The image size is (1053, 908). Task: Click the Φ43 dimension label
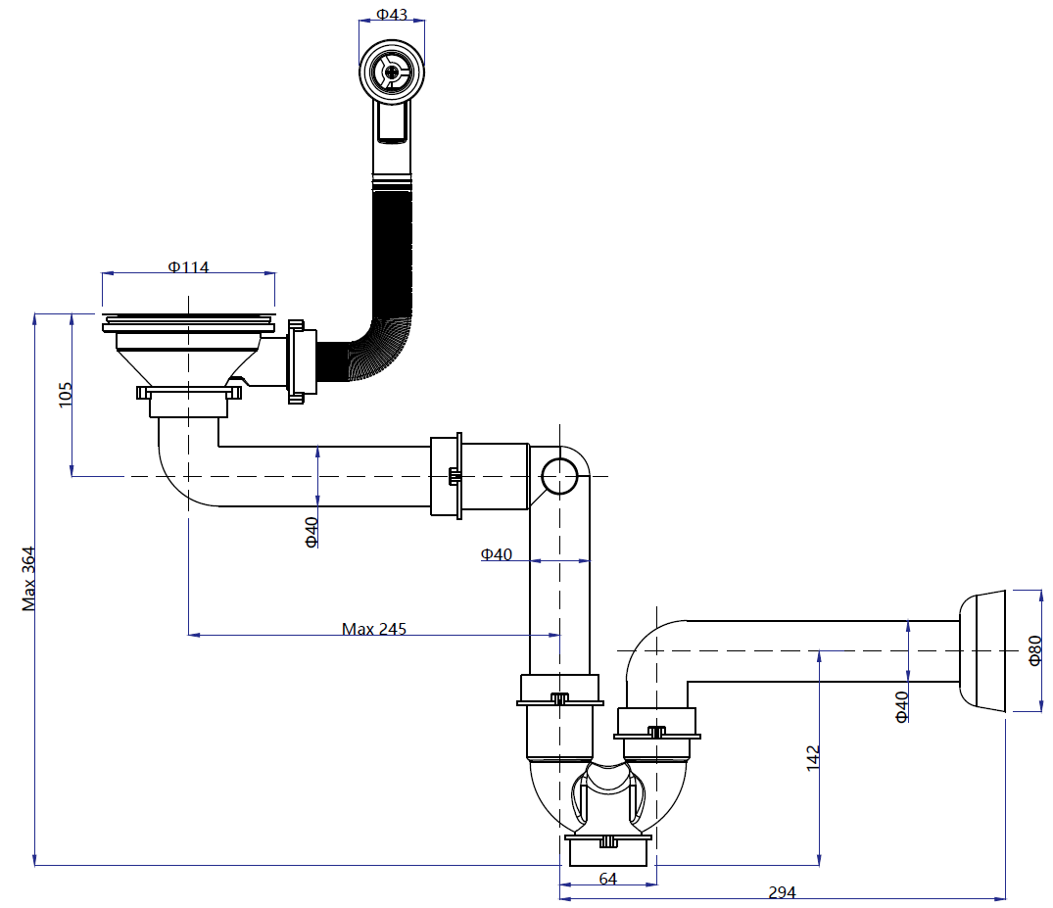click(392, 16)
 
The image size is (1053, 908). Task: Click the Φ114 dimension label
click(188, 266)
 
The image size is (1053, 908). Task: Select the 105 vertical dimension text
click(66, 395)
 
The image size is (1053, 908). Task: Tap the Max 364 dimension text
click(29, 578)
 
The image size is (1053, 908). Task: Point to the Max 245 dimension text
click(374, 629)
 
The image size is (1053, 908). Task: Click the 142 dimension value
click(813, 757)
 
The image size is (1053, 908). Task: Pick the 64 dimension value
click(607, 879)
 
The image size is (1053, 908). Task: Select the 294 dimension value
click(782, 892)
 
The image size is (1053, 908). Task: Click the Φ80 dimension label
click(1035, 650)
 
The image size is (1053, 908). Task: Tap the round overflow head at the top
click(392, 69)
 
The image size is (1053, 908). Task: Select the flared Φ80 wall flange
click(983, 650)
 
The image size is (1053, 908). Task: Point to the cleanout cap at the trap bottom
click(608, 849)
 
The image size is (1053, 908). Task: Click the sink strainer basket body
click(187, 358)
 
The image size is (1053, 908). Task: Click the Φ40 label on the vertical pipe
click(497, 554)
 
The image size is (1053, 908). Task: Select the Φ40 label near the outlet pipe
click(901, 705)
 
